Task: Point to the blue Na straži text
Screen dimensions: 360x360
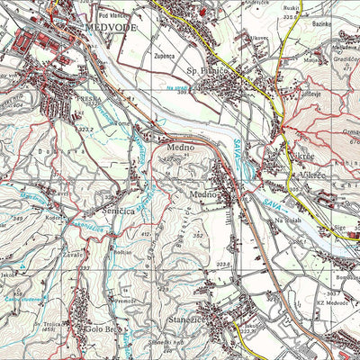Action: pos(177,86)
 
